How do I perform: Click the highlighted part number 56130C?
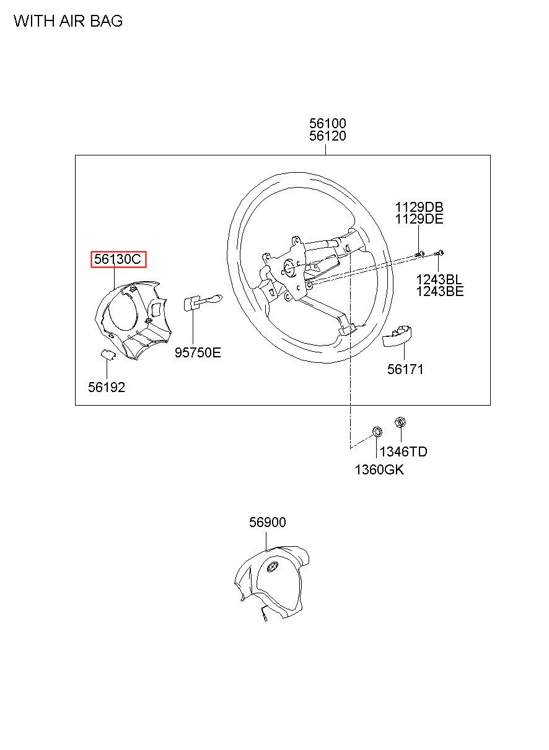118,259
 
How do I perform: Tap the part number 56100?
328,124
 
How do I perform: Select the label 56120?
328,136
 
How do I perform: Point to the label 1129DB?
419,207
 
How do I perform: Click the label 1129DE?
419,219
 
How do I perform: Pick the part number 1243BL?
439,279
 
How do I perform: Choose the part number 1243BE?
439,291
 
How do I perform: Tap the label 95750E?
198,353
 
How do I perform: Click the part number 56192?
107,388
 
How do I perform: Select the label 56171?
405,370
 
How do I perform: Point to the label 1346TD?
403,451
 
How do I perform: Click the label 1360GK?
379,469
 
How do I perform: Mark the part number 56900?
268,523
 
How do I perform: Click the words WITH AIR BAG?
68,21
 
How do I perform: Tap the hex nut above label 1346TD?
400,422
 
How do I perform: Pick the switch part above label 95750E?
198,303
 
